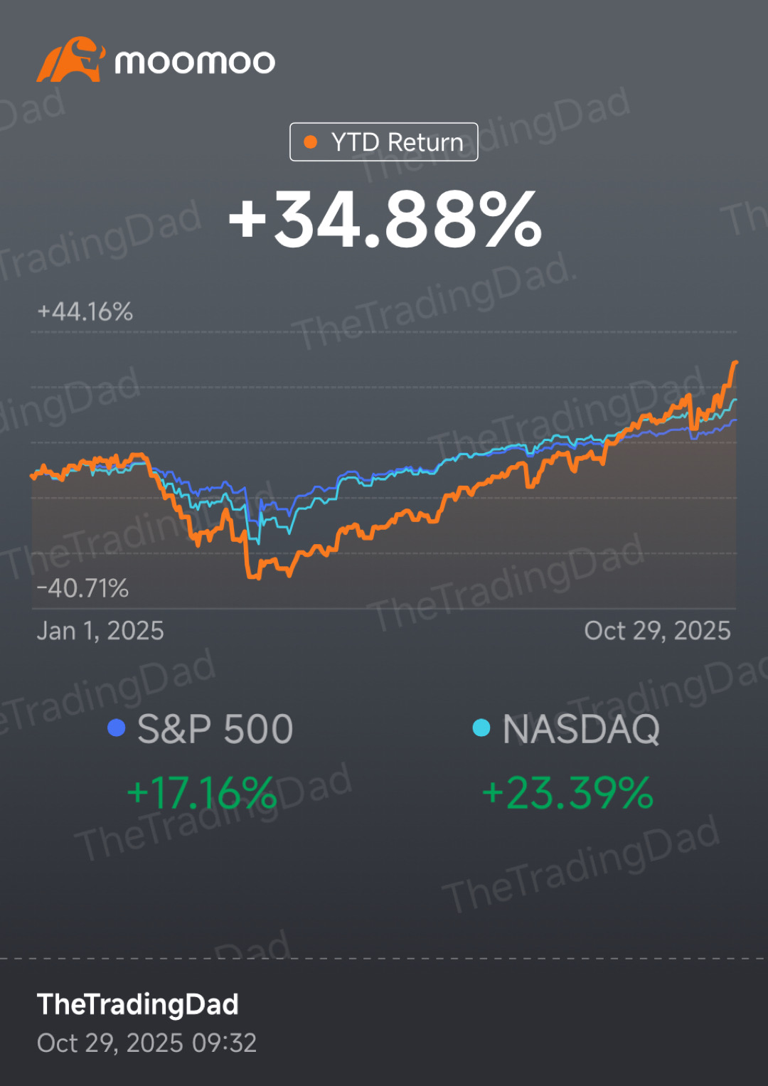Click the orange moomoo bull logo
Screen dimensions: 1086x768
point(70,60)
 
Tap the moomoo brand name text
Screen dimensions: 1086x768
point(194,63)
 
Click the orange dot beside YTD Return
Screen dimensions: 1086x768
point(310,142)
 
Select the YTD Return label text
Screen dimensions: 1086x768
point(397,142)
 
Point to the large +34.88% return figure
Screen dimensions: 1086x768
point(385,220)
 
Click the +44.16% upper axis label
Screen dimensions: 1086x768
point(85,312)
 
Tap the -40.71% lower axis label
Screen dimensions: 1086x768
point(82,588)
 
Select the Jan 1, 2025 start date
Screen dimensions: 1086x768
point(100,631)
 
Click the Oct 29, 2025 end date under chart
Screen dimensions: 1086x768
point(657,631)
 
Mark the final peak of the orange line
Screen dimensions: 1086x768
point(735,363)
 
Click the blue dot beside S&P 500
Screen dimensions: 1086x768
point(116,728)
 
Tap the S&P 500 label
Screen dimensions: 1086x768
point(215,729)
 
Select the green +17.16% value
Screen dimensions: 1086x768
point(201,793)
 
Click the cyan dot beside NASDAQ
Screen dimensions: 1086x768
point(481,728)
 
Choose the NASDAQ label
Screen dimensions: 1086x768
point(581,729)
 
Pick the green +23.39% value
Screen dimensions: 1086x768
point(567,793)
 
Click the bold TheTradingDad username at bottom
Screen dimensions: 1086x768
point(138,1004)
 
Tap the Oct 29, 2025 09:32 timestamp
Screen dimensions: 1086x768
point(146,1043)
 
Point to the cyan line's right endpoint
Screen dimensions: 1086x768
point(735,400)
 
